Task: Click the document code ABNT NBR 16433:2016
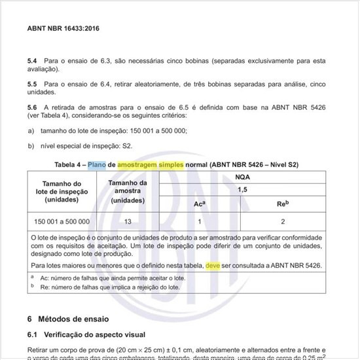(63, 29)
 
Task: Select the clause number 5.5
(32, 84)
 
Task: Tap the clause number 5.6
(32, 107)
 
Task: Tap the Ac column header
(200, 204)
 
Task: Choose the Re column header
(283, 204)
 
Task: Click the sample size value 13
(127, 221)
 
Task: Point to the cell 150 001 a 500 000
(62, 221)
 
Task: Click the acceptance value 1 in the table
(199, 221)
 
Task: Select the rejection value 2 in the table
(283, 221)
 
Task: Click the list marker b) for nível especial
(31, 146)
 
